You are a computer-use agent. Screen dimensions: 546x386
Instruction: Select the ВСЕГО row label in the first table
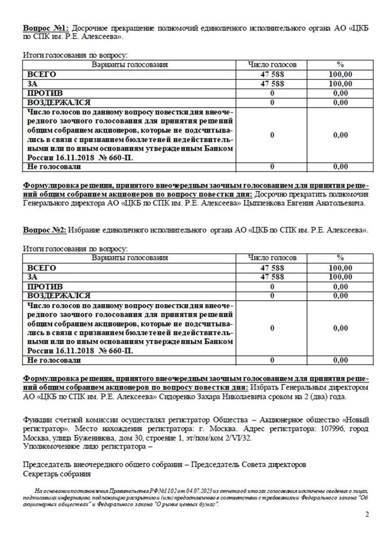[41, 74]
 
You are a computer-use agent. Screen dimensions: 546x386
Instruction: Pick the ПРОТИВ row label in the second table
[45, 287]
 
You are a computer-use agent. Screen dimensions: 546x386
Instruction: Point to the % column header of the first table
[340, 65]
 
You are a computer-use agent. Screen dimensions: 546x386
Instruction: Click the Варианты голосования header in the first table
[130, 65]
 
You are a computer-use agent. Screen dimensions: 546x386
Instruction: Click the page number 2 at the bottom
[367, 515]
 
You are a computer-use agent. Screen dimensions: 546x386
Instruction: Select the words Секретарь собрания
[57, 474]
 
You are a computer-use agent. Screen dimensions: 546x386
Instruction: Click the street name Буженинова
[103, 438]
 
